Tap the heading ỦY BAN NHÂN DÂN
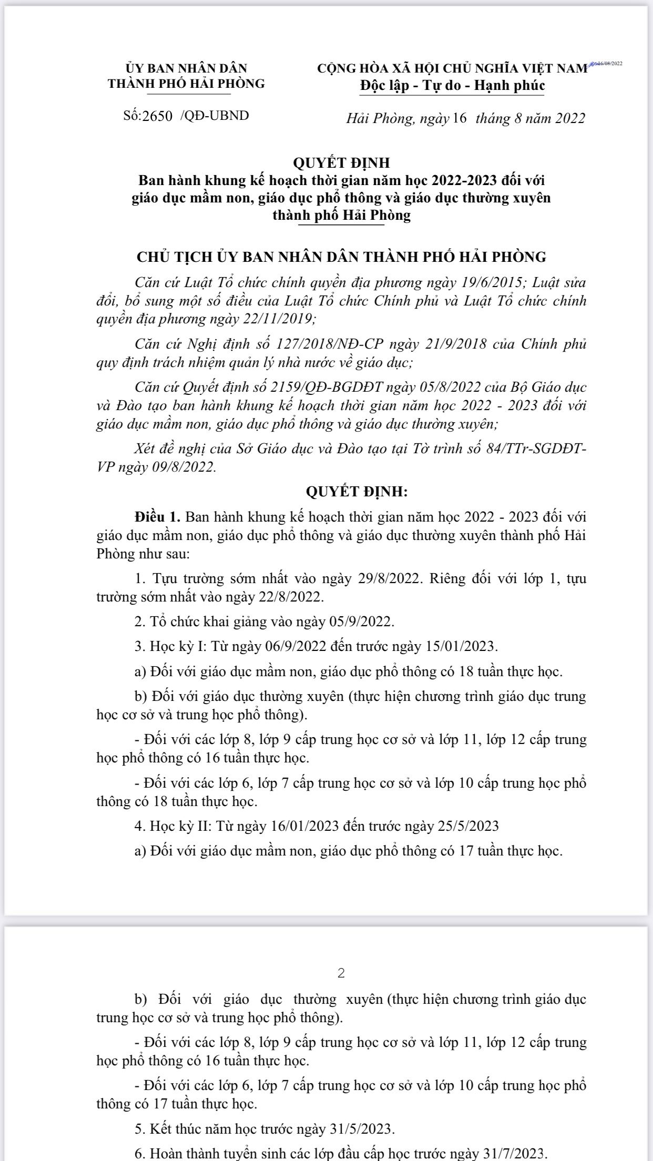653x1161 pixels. click(186, 68)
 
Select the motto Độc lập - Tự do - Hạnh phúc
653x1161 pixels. click(452, 85)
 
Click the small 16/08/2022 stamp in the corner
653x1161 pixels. click(607, 63)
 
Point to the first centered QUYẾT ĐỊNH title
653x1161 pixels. click(341, 163)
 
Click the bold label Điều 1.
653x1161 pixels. click(158, 516)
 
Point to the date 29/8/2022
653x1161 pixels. click(388, 579)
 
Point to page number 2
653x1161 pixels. click(341, 973)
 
